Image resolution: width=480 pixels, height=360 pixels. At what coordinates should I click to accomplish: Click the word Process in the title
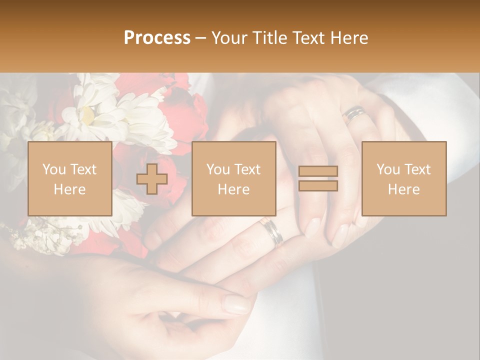pos(157,38)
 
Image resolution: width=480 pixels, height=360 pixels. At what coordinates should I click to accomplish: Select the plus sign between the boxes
pos(152,179)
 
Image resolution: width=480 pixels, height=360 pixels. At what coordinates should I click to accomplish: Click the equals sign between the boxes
pos(318,178)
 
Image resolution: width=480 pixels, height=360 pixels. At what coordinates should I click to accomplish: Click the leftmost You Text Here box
pos(69,179)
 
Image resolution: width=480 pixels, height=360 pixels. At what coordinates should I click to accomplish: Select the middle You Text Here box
pos(234,179)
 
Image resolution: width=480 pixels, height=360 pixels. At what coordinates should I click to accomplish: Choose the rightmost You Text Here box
pos(404,179)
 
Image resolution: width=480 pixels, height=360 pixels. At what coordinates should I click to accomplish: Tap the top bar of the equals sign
pos(318,171)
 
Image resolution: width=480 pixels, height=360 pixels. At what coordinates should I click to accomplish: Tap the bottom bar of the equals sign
pos(318,186)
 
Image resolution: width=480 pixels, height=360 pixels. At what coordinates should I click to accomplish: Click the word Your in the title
pos(230,38)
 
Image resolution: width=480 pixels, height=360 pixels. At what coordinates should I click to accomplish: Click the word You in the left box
pos(53,169)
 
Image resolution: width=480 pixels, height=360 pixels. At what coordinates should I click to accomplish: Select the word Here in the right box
pos(404,189)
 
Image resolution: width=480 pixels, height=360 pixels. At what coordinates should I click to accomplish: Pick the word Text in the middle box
pos(247,169)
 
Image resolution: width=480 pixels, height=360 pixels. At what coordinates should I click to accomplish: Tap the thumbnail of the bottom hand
pos(237,304)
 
